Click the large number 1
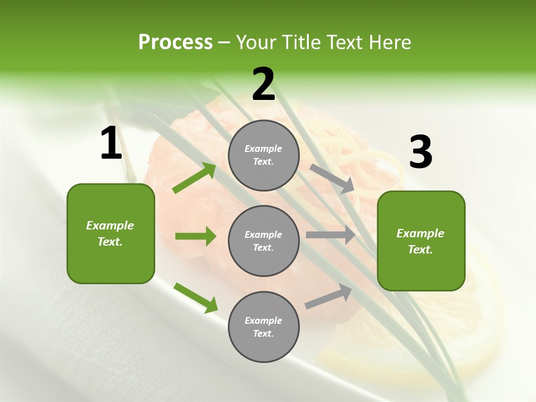coord(111,144)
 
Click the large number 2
coord(264,84)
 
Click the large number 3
coord(420,152)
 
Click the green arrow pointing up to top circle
coord(194,178)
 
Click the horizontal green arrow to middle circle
coord(195,236)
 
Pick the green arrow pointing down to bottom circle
coord(195,298)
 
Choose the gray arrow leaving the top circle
coord(332,178)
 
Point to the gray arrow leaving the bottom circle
coord(328,296)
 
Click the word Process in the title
coord(175,42)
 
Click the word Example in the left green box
coord(110,226)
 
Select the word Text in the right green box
coord(419,250)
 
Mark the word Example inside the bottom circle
coord(263,320)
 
